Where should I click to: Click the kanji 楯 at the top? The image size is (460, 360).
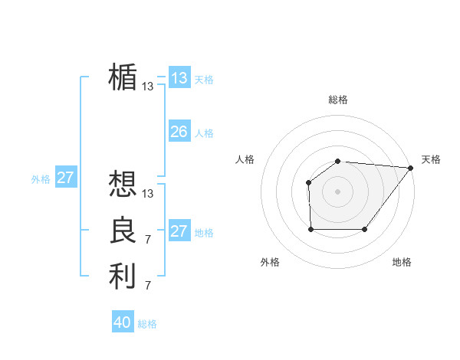click(123, 77)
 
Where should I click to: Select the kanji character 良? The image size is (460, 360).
click(123, 231)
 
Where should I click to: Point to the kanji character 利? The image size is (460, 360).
click(123, 277)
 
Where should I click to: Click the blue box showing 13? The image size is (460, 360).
click(179, 77)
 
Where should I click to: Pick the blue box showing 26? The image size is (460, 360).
click(179, 132)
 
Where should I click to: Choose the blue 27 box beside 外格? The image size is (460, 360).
click(66, 178)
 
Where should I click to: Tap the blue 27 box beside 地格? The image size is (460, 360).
click(179, 231)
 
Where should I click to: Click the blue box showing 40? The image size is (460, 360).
click(123, 322)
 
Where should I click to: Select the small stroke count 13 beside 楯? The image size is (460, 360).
click(148, 87)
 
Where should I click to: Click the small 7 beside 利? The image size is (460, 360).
click(148, 286)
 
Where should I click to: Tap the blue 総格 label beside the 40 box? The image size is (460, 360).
click(147, 324)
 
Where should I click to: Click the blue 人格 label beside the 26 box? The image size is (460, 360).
click(204, 133)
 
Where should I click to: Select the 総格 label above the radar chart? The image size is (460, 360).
click(338, 100)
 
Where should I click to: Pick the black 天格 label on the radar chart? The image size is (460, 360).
click(431, 159)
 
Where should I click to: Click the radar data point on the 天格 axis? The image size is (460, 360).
click(411, 168)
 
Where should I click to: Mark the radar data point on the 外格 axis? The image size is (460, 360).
click(310, 229)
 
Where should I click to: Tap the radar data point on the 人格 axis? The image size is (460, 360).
click(308, 182)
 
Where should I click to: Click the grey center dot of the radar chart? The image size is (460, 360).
click(338, 191)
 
